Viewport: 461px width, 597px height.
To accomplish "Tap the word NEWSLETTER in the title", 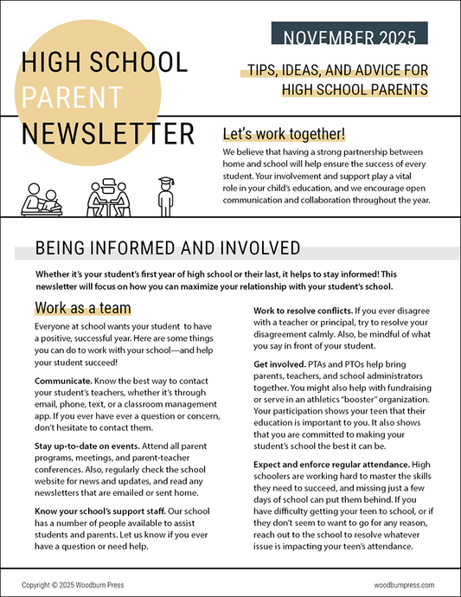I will click(108, 134).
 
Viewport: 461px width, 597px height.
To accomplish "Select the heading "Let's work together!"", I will click(284, 134).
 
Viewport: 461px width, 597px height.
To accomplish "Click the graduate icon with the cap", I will click(165, 196).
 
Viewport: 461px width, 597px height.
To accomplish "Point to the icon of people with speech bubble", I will click(111, 197).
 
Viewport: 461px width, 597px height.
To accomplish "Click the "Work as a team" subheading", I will click(83, 308).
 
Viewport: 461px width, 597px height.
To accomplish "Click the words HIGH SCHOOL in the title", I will click(104, 62).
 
